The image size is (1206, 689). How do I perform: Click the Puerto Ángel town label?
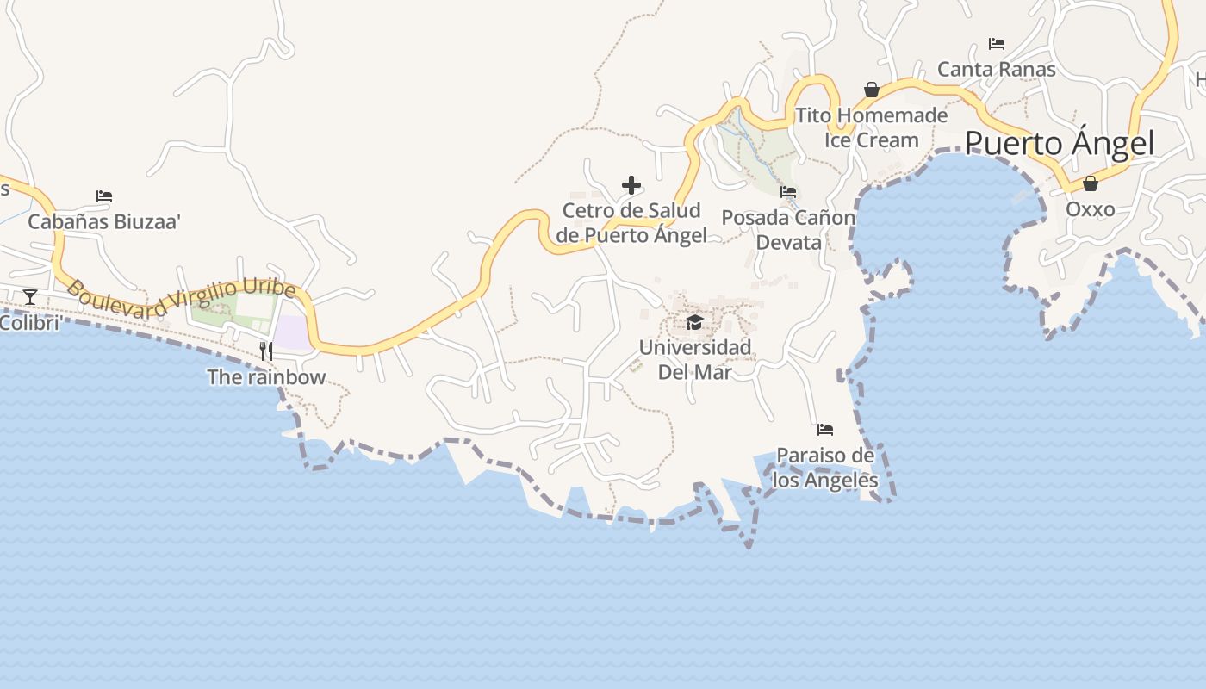1059,143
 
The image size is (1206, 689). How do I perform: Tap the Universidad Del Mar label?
694,359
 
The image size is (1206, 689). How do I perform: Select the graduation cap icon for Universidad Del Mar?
694,322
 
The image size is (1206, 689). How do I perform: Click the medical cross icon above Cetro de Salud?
631,185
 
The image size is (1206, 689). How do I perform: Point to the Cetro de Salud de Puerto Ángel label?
631,222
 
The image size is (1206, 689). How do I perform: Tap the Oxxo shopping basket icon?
1090,183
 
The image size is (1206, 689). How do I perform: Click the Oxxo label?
1090,209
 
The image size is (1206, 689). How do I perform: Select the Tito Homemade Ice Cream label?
871,127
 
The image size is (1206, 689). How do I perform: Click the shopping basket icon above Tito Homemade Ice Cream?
872,90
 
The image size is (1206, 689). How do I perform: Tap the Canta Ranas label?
996,69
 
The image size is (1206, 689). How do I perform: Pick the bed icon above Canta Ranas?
997,43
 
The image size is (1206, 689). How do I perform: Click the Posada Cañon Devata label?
788,230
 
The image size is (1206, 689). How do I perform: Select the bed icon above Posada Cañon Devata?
788,192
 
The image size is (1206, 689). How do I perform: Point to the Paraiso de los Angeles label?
825,468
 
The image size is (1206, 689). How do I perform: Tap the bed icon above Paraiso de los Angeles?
825,429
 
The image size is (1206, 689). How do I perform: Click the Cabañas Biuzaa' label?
104,222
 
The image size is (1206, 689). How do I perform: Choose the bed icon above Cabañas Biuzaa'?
104,196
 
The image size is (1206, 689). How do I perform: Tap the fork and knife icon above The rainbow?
266,351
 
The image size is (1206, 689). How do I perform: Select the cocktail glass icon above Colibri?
30,297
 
